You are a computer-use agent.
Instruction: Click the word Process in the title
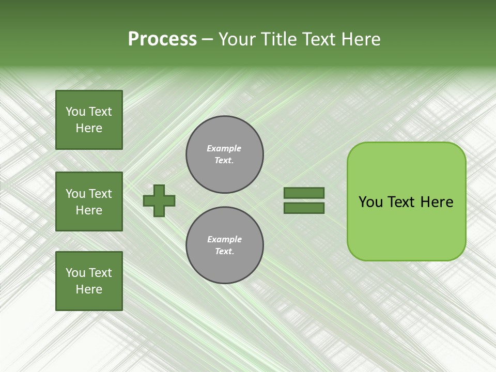click(x=162, y=39)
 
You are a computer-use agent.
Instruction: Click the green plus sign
click(x=159, y=200)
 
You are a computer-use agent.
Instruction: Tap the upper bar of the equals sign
click(x=304, y=193)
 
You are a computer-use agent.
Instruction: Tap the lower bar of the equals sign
click(x=304, y=208)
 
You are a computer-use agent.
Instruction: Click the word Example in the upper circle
click(x=224, y=148)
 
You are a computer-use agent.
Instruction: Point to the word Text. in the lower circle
click(x=224, y=251)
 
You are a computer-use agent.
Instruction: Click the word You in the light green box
click(x=370, y=202)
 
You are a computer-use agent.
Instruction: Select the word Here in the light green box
click(x=437, y=202)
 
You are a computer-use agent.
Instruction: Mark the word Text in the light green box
click(x=402, y=202)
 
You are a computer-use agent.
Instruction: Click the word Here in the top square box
click(x=89, y=128)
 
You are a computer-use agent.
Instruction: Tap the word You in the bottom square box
click(x=75, y=273)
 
